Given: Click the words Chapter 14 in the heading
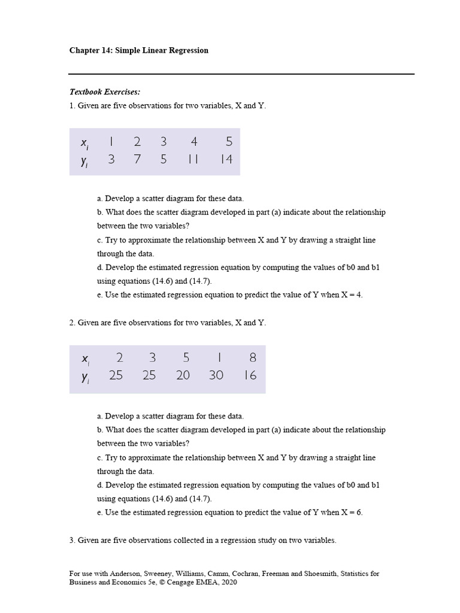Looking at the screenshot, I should pyautogui.click(x=90, y=50).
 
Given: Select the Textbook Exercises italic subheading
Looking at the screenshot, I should pyautogui.click(x=105, y=92).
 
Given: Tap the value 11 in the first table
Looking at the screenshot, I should pyautogui.click(x=193, y=160).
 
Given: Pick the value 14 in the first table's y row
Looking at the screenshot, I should pyautogui.click(x=226, y=160).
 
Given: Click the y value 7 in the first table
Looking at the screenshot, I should pyautogui.click(x=137, y=160).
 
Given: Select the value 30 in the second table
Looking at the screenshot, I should pyautogui.click(x=216, y=375).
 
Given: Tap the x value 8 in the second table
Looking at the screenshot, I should pyautogui.click(x=253, y=358).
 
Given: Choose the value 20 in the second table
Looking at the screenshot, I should pyautogui.click(x=183, y=375).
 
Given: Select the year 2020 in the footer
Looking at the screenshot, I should pyautogui.click(x=228, y=582).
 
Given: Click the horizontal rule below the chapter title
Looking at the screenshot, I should pyautogui.click(x=241, y=74).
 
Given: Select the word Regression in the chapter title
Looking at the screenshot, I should pyautogui.click(x=186, y=50).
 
